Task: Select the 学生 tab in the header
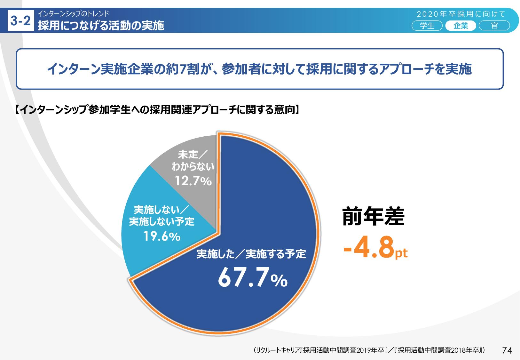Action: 427,26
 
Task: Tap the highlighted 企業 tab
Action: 461,26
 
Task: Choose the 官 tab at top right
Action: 494,26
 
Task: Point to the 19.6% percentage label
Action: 162,236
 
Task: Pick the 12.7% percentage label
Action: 193,181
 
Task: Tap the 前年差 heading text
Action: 373,217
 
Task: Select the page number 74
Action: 507,350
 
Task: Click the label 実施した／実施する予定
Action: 251,254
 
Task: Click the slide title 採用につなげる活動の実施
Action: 101,25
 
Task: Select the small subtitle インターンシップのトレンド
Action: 73,13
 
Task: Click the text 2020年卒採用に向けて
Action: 461,14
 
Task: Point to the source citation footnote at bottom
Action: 369,350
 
